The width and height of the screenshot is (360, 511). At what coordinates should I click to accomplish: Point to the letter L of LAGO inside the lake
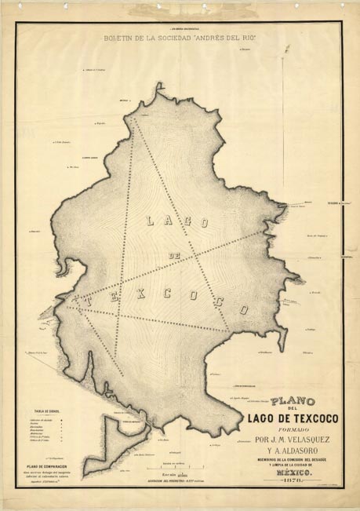click(x=151, y=222)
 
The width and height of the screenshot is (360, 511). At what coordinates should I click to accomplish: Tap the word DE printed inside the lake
click(x=175, y=256)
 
